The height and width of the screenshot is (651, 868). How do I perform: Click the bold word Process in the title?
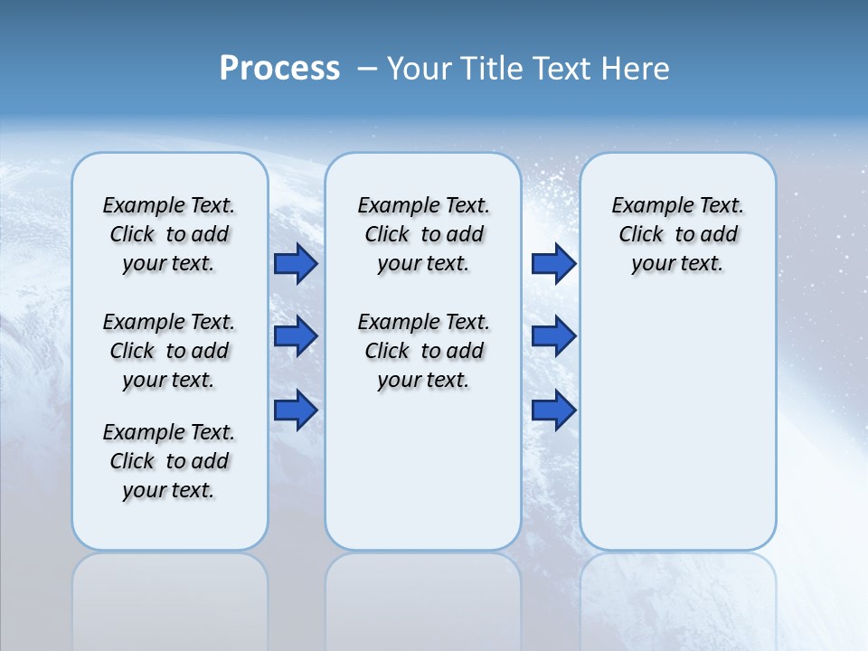[x=279, y=69]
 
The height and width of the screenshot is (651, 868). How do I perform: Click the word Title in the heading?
[x=490, y=69]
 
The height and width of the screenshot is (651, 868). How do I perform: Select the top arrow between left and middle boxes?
[x=296, y=263]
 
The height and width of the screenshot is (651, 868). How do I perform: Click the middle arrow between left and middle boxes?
[x=296, y=336]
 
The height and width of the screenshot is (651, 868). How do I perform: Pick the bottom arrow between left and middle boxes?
[x=296, y=410]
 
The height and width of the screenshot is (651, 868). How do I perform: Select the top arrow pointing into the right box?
[x=553, y=263]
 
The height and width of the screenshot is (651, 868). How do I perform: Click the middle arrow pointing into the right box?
[x=553, y=336]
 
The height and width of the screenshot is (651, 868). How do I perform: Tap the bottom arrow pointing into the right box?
[x=553, y=410]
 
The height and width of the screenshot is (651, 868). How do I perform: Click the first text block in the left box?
[x=169, y=234]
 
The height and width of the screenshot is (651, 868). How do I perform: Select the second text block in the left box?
[x=169, y=351]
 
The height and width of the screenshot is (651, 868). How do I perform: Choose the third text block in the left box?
[x=169, y=461]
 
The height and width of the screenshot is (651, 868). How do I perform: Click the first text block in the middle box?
[x=424, y=234]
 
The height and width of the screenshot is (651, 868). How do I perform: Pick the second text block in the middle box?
[x=424, y=351]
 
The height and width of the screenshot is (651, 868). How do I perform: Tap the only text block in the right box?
[x=678, y=234]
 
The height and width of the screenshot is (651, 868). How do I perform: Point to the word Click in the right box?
[x=642, y=235]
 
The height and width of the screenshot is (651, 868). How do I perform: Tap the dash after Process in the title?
[x=367, y=69]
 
